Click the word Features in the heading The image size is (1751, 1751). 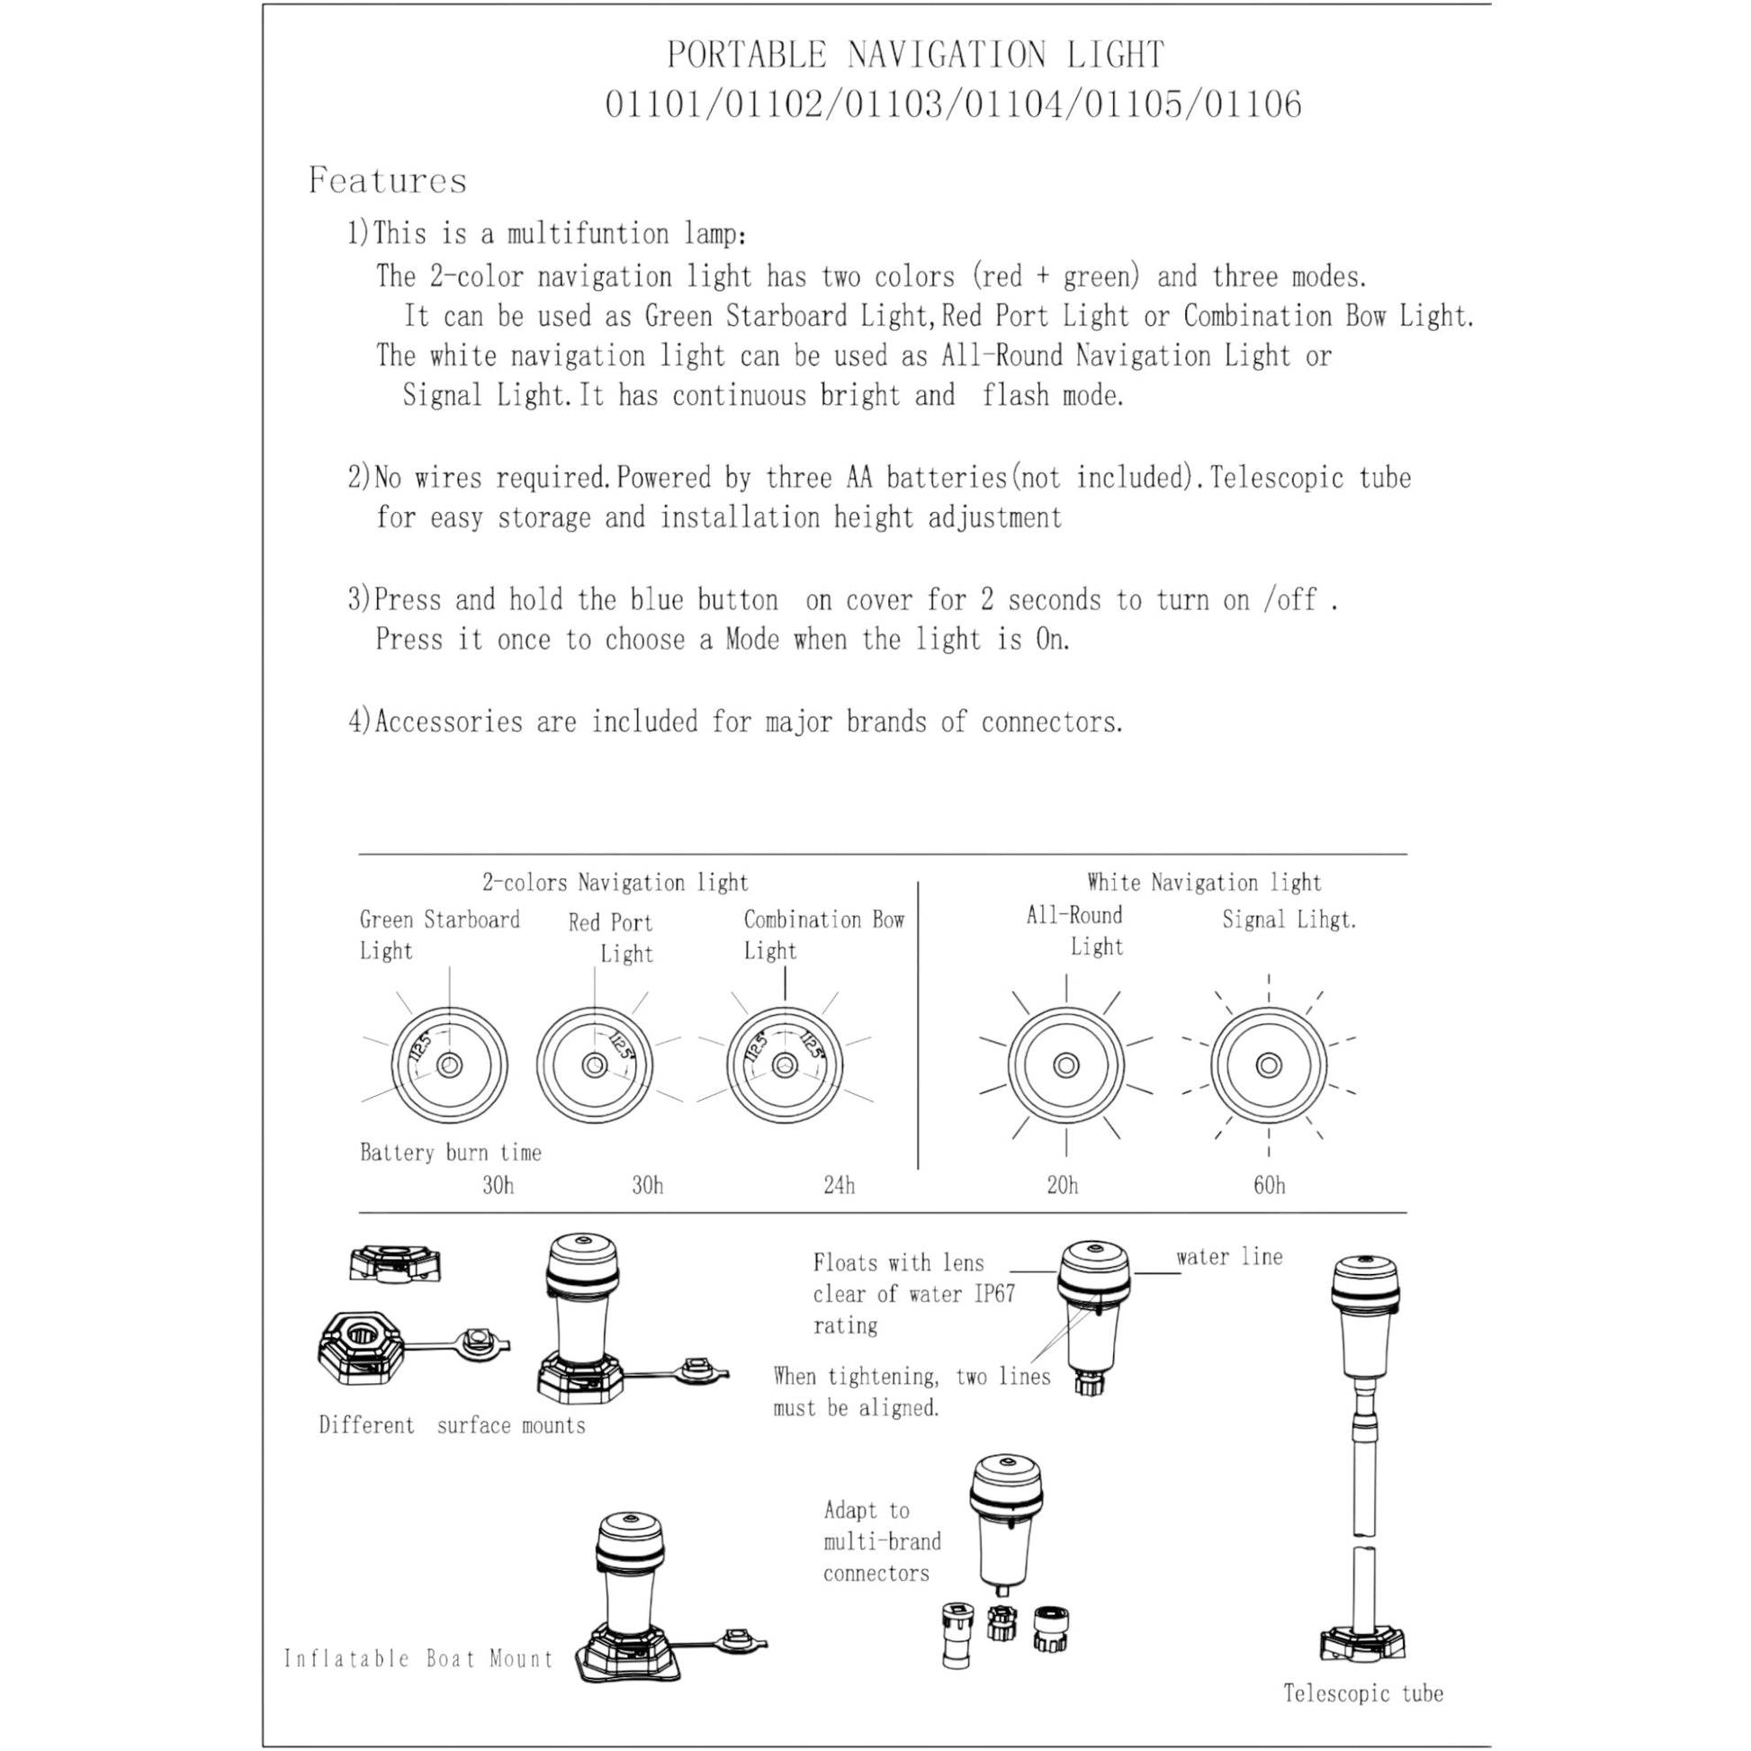387,180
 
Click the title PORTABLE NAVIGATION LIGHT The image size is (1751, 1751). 915,55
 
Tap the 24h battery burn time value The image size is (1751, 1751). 839,1185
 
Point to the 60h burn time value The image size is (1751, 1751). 1269,1185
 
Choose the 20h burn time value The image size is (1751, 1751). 1062,1185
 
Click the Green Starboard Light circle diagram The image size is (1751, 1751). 450,1065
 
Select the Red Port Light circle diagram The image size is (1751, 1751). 595,1065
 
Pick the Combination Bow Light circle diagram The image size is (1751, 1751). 785,1065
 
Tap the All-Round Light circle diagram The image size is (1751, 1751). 1066,1065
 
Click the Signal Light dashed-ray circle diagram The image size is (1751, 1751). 1269,1065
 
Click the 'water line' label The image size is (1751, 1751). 1229,1257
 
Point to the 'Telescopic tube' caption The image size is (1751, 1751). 1363,1693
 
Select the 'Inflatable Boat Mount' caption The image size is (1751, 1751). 418,1658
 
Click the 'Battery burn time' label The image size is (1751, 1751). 451,1153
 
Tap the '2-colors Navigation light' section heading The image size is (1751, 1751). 615,883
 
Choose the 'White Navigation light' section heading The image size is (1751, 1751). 1204,883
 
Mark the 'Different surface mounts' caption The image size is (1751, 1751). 452,1425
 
